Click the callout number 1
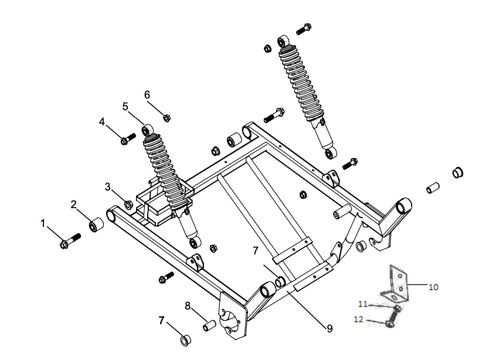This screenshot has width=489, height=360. click(43, 222)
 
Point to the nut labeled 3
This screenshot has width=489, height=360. click(128, 205)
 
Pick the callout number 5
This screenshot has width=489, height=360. click(125, 106)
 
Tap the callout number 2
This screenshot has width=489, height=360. click(74, 204)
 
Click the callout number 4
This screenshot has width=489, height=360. click(102, 122)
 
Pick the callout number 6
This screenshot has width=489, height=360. click(147, 94)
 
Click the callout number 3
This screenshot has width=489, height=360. click(107, 186)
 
